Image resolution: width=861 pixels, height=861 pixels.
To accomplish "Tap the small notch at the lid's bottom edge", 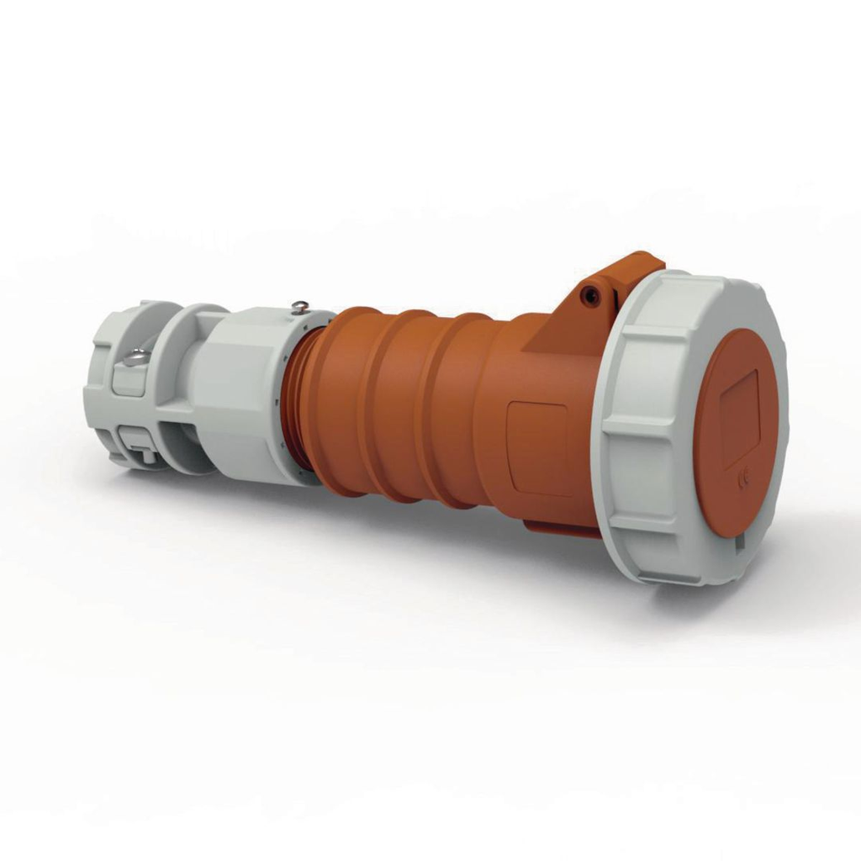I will pos(739,543).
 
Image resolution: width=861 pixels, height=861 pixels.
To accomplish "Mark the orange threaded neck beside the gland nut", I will pos(293,395).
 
